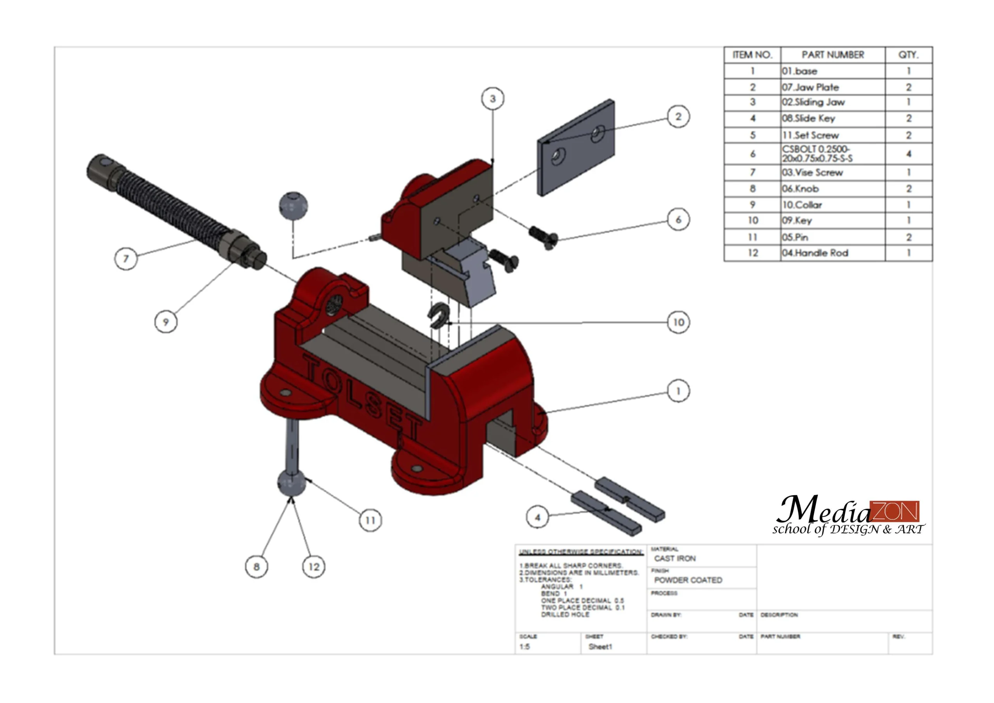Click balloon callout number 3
493,99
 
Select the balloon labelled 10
678,322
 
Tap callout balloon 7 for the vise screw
126,259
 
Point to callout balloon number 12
313,567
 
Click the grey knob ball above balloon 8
291,484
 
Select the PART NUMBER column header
832,55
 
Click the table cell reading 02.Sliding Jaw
813,102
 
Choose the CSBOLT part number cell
817,154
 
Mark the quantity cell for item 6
908,154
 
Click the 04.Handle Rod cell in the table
815,253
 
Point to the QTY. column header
908,55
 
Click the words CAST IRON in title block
675,559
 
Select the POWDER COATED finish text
688,580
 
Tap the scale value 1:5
525,647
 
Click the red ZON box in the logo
895,512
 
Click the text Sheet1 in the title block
600,647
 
